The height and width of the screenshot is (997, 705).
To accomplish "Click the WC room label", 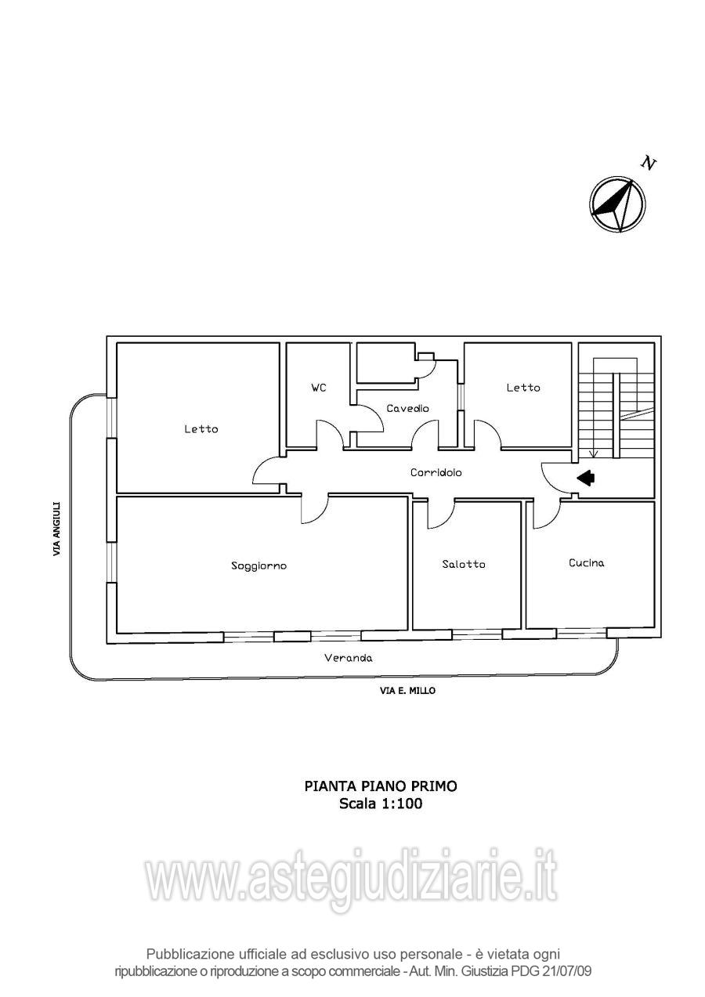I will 318,388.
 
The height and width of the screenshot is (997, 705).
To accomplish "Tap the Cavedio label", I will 407,409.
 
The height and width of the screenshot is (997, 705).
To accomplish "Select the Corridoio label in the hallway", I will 436,473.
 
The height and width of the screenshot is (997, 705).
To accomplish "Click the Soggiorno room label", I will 258,565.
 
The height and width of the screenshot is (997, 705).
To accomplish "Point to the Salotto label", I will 463,565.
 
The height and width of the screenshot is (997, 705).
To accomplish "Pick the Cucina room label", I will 586,563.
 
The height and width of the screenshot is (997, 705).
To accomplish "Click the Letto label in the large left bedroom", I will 201,429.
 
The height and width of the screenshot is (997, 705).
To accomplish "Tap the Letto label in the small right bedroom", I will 522,388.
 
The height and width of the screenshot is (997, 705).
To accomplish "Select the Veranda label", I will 349,659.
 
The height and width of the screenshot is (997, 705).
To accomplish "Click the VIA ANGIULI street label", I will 56,529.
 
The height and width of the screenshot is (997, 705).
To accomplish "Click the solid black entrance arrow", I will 585,477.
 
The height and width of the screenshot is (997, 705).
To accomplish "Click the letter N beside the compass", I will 648,163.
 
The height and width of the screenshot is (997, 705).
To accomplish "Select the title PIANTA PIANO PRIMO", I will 381,786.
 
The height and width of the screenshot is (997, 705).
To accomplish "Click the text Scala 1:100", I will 381,804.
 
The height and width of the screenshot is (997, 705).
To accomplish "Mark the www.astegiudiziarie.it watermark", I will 352,877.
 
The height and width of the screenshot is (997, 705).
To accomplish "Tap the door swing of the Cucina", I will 547,513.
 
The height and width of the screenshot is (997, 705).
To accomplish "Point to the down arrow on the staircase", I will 593,453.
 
